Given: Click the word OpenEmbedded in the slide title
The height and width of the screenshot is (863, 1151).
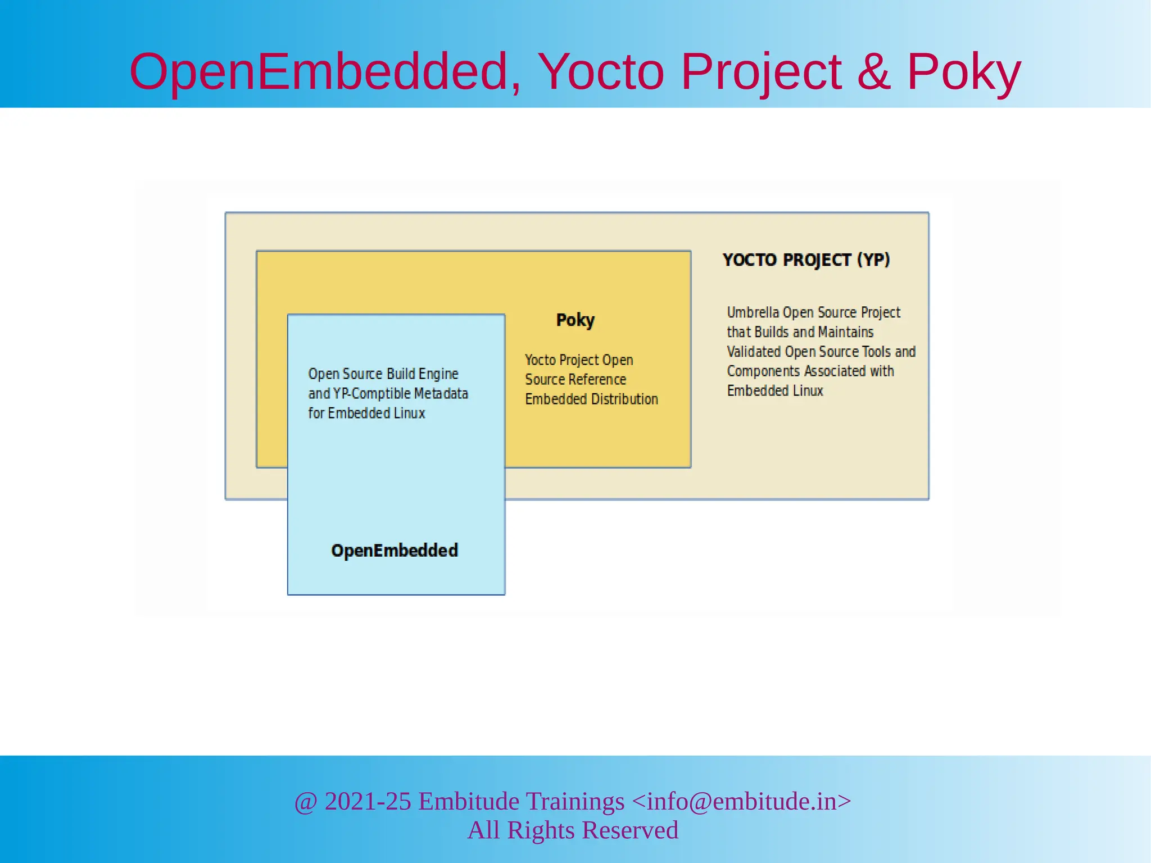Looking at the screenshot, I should click(x=319, y=72).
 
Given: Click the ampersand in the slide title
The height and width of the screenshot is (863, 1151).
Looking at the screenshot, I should click(x=873, y=72).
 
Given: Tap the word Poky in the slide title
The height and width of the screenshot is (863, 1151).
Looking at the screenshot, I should click(x=963, y=72).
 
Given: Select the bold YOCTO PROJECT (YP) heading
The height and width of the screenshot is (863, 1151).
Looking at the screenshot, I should click(x=806, y=260).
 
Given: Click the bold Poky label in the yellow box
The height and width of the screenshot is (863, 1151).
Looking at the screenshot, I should click(x=575, y=320).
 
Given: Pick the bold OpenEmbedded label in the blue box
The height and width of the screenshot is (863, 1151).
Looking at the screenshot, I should click(x=395, y=550).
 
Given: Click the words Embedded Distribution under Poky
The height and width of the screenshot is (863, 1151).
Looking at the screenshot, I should click(x=591, y=399).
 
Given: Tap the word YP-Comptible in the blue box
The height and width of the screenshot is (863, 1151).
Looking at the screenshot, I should click(x=372, y=393).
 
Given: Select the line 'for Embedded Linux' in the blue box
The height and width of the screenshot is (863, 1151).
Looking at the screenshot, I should click(x=366, y=413).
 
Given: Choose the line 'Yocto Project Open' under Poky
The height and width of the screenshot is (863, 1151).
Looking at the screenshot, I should click(x=579, y=360).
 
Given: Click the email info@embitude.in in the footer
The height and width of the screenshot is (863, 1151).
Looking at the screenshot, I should click(x=742, y=801).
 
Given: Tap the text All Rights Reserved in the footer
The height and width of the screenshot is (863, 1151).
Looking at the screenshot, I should click(x=573, y=830).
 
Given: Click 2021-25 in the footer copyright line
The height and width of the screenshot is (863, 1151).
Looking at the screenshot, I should click(x=368, y=801).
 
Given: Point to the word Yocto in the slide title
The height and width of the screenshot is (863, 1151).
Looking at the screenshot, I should click(x=601, y=72).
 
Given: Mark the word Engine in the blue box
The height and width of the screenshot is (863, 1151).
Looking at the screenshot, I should click(x=438, y=374).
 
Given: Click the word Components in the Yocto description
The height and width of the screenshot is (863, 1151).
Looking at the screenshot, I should click(x=763, y=371).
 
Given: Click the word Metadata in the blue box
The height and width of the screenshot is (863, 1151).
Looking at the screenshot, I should click(x=441, y=393).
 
